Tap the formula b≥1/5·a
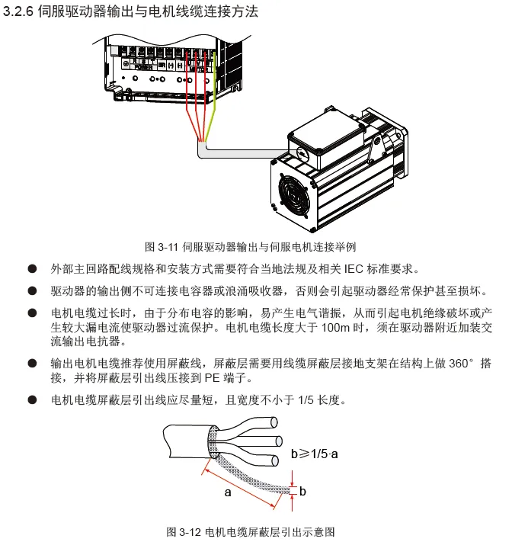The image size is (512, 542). pos(315,454)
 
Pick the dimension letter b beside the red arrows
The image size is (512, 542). pos(302,491)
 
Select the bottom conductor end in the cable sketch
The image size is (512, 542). pos(274,458)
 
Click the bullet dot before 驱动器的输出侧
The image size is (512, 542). pos(32,292)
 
